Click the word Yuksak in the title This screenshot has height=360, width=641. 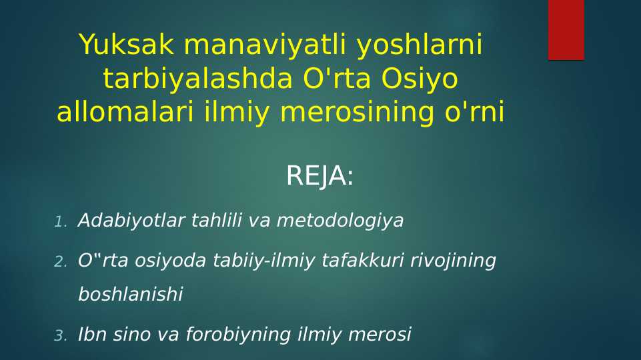(127, 45)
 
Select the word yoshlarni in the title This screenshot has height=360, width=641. (419, 45)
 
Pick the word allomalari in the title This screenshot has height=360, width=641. (125, 113)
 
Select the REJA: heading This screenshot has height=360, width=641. (319, 177)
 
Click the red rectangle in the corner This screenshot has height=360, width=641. (566, 30)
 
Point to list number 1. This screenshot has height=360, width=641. (61, 222)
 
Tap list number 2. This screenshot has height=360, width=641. (61, 262)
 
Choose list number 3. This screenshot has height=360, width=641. (61, 336)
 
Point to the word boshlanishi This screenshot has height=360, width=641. (130, 295)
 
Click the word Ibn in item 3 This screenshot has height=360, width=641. (91, 335)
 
